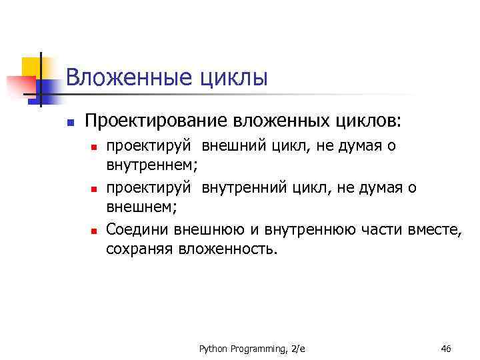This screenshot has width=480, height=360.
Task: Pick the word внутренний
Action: [x=243, y=188]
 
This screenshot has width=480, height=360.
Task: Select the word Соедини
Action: [x=137, y=231]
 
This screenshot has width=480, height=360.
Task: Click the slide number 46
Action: [x=446, y=347]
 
